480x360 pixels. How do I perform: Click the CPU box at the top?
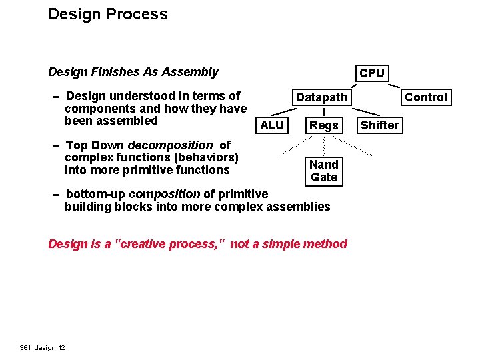(x=371, y=73)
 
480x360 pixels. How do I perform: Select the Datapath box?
(x=321, y=97)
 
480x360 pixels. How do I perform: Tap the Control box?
(x=426, y=97)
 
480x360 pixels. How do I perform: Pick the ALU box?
(x=271, y=125)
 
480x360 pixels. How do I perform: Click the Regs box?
(x=324, y=125)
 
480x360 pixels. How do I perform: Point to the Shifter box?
(x=379, y=125)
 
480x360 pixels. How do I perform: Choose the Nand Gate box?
(x=324, y=171)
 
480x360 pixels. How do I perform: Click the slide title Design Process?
(x=108, y=14)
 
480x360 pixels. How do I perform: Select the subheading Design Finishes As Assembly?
(x=133, y=72)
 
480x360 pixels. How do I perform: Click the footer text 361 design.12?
(x=47, y=347)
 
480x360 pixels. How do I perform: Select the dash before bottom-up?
(x=56, y=195)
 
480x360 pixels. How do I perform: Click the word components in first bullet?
(x=94, y=109)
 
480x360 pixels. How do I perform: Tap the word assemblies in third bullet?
(x=298, y=207)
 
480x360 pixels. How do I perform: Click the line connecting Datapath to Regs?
(x=323, y=111)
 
